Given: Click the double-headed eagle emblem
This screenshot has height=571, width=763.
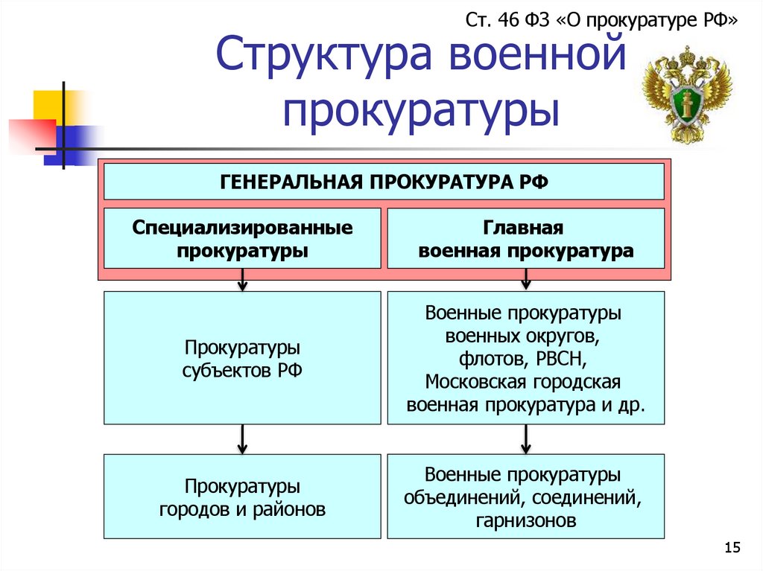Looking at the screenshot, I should [x=687, y=95].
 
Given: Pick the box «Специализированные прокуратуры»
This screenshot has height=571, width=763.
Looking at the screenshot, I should [x=242, y=238].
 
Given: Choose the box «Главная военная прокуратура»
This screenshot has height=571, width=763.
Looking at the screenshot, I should [x=525, y=238].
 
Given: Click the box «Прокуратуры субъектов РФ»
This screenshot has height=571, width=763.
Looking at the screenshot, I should [x=242, y=358].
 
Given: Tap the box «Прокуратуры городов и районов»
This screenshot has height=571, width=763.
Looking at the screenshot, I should [x=242, y=498].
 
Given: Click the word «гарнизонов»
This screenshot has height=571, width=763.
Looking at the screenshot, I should [x=525, y=521].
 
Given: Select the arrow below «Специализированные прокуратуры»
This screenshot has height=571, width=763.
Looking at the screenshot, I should [x=242, y=280].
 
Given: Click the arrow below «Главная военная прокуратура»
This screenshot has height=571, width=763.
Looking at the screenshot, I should [x=525, y=280].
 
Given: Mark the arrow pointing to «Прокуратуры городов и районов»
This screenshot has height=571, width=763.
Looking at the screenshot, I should [x=242, y=439].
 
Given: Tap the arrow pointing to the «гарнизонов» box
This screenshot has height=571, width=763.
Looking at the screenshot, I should [x=525, y=439].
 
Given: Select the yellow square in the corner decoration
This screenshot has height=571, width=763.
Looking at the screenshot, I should [x=46, y=104].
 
